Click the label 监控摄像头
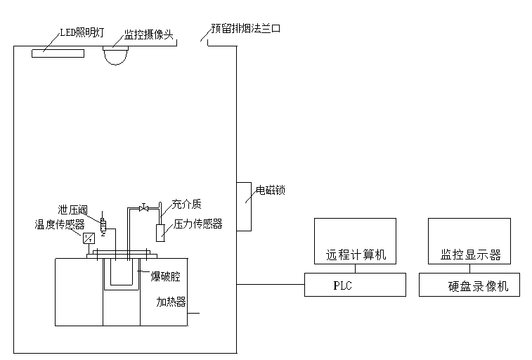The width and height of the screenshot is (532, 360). tap(148, 34)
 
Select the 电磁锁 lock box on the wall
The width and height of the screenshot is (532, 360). tap(244, 206)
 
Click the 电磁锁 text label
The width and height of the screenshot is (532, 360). tap(271, 190)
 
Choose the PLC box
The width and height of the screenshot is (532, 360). tap(355, 285)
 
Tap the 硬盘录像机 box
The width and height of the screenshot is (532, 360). tap(469, 285)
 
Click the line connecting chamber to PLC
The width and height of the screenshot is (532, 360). tap(271, 285)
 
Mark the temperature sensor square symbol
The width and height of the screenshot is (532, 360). tap(89, 238)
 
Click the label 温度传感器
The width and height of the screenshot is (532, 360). tap(60, 225)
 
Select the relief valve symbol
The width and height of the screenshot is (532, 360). tap(103, 224)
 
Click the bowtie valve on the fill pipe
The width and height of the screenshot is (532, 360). tap(144, 207)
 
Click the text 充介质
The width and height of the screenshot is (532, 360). tap(186, 205)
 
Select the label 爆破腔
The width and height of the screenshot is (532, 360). tap(166, 276)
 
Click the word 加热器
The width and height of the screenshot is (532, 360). tap(171, 302)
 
